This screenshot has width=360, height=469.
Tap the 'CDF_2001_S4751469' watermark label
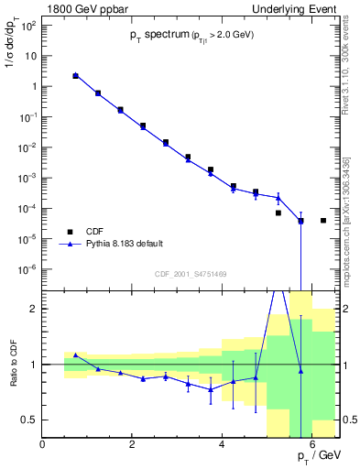click(191, 274)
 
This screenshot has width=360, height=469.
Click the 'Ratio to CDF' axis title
click(14, 379)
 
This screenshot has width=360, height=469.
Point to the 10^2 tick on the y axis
click(28, 25)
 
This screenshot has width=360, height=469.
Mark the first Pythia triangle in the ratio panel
click(76, 354)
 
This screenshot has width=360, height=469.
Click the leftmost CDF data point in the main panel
click(76, 76)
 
